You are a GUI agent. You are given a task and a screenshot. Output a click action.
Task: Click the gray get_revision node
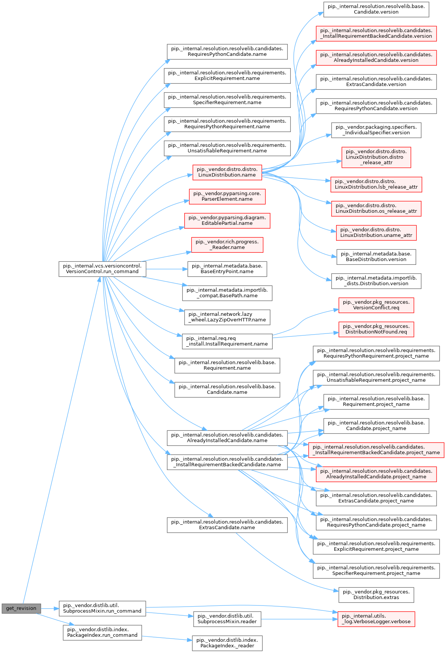click(x=21, y=608)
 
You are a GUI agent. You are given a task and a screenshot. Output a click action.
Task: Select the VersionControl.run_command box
click(x=102, y=269)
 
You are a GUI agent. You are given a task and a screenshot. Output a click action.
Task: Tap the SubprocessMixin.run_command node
click(x=102, y=608)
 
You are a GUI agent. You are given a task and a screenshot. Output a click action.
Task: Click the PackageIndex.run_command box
click(x=102, y=633)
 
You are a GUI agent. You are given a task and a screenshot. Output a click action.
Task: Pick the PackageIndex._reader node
click(x=227, y=643)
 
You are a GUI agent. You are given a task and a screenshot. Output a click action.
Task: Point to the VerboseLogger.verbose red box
click(x=377, y=619)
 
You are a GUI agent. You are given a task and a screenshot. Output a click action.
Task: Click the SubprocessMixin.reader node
click(x=227, y=619)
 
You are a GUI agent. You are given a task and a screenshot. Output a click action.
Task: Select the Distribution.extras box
click(x=377, y=595)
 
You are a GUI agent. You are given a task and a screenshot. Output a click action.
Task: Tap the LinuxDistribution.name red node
click(x=227, y=172)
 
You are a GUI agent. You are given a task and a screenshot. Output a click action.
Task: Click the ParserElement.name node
click(x=227, y=197)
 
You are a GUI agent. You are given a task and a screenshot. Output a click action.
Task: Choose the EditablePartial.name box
click(x=227, y=221)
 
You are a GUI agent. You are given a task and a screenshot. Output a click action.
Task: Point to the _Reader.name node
click(x=227, y=245)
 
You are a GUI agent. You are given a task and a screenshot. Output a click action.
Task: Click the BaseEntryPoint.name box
click(x=227, y=269)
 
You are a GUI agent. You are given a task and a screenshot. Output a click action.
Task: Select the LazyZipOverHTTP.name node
click(x=227, y=317)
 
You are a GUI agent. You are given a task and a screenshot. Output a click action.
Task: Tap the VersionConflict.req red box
click(x=377, y=305)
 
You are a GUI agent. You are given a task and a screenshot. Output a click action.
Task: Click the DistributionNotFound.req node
click(x=377, y=329)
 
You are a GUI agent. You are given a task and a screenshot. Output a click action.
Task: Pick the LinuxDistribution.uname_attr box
click(x=377, y=233)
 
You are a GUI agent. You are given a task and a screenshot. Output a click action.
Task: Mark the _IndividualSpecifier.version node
click(x=377, y=130)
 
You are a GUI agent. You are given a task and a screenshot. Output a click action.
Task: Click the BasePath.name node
click(x=227, y=293)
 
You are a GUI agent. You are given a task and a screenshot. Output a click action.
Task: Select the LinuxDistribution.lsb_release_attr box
click(x=377, y=184)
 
